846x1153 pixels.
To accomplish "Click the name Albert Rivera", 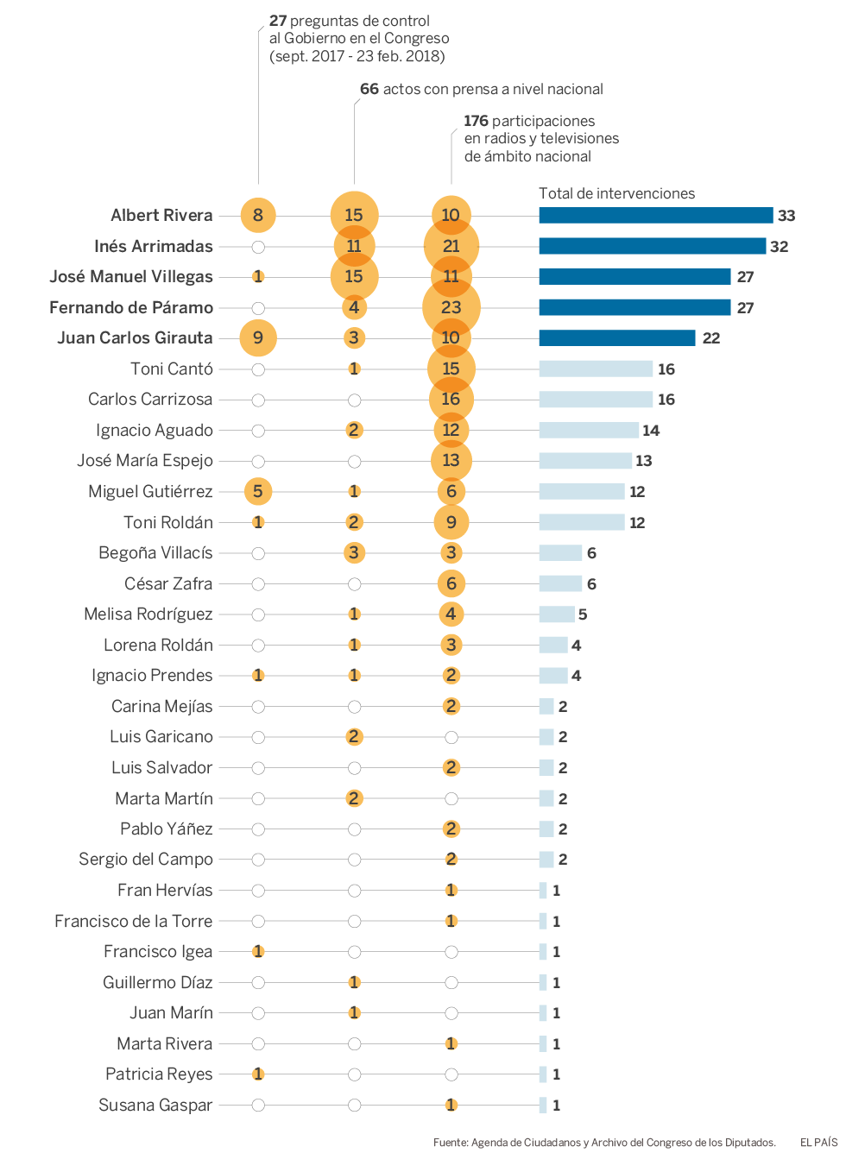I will [x=161, y=216].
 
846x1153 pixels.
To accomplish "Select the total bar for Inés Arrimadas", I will [x=652, y=246].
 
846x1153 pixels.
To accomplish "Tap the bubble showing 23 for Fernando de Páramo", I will [x=451, y=307].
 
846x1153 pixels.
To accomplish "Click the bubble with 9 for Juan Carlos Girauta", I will [x=258, y=338].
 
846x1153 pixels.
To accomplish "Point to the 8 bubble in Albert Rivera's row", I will [x=258, y=216].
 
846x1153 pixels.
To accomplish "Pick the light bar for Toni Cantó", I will [x=596, y=369].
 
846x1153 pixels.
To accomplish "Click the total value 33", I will [x=786, y=216].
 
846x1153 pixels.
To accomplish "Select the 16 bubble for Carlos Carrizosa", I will [x=451, y=400].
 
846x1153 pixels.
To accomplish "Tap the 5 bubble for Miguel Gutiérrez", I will [x=258, y=492].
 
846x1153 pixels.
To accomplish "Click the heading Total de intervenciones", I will [x=616, y=193].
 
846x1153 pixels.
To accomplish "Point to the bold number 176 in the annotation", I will [x=476, y=121].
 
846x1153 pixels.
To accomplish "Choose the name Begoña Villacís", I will [x=155, y=553].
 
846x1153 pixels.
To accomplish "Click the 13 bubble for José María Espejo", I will [x=451, y=461].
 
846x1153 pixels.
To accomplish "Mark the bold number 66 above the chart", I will [x=369, y=89].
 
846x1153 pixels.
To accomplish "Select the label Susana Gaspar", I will [x=155, y=1106].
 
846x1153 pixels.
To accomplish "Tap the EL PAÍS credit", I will [x=818, y=1143].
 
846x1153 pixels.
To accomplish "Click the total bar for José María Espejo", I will [x=585, y=461].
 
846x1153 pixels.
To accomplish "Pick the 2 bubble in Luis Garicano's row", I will [x=354, y=737].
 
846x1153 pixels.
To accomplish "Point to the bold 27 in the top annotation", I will [x=278, y=21].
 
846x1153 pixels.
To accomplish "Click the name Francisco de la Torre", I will [x=133, y=922].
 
